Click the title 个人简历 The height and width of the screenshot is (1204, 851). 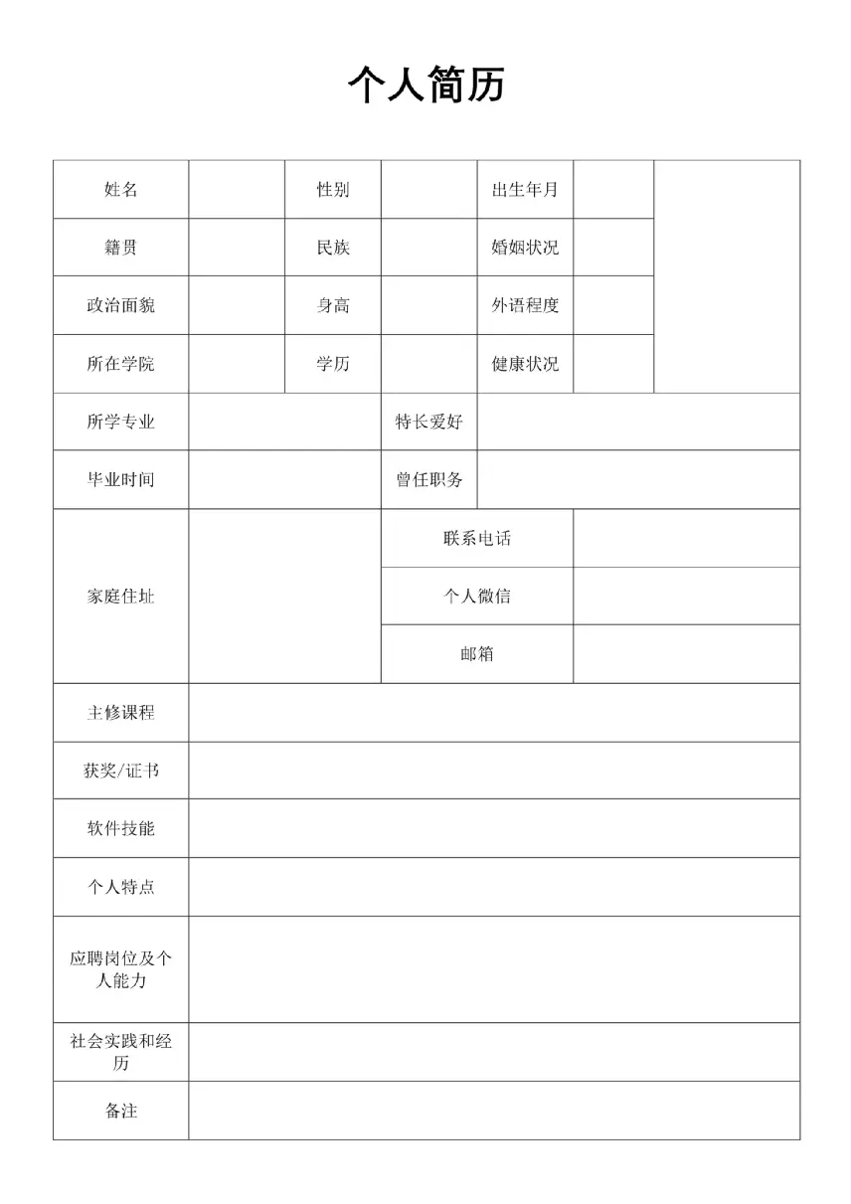pos(426,86)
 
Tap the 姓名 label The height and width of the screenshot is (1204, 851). pos(120,189)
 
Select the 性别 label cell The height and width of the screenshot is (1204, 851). pos(333,189)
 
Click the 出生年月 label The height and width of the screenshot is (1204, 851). pos(525,189)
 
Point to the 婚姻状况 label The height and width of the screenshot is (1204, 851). pos(525,247)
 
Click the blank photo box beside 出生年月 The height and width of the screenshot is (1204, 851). pos(727,276)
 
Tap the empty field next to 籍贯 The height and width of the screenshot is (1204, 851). pos(237,247)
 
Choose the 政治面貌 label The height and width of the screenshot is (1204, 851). pos(120,305)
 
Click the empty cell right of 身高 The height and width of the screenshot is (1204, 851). pos(428,305)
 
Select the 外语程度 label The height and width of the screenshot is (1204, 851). pos(525,305)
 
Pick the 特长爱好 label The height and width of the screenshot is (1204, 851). pos(428,422)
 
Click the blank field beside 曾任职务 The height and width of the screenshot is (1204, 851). pos(638,479)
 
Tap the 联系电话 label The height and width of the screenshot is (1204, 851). pos(477,538)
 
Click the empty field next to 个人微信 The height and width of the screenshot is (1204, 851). pos(686,596)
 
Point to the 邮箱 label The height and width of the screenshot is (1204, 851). pos(477,654)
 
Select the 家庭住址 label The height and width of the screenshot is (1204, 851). pos(120,597)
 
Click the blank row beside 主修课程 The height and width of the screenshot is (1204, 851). pos(494,712)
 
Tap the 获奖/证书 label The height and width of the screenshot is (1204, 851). pos(120,771)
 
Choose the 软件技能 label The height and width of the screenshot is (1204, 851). pos(120,828)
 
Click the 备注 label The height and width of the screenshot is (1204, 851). pos(120,1111)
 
